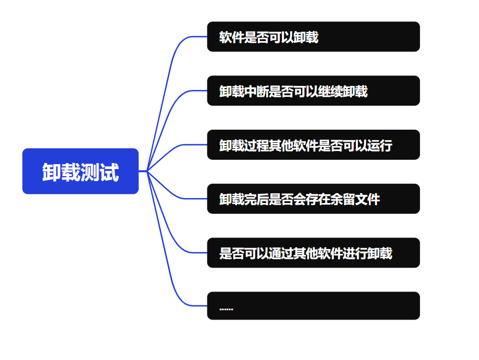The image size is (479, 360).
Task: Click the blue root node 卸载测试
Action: pos(80,171)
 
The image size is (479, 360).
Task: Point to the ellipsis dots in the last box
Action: pos(226,309)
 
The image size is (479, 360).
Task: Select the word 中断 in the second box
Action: pos(256,91)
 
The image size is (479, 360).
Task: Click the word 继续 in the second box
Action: pos(331,91)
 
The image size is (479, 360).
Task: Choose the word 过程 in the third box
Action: pos(256,146)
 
